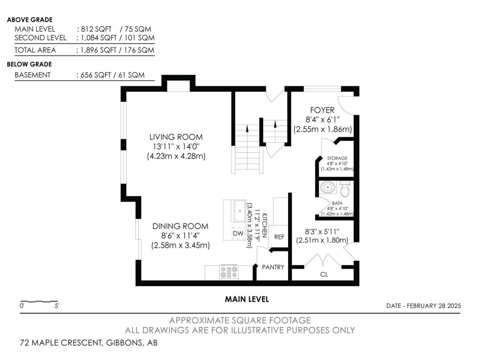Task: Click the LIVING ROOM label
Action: [x=176, y=137]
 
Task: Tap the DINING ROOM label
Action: [x=180, y=226]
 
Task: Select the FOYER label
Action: [x=322, y=110]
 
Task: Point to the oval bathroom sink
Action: [x=327, y=187]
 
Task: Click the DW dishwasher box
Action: [x=238, y=233]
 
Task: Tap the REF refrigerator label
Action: [x=279, y=237]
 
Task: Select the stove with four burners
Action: [x=229, y=272]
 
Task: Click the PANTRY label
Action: [x=273, y=267]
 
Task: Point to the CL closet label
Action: [x=324, y=274]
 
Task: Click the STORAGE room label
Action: [x=337, y=158]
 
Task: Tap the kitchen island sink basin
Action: [x=240, y=211]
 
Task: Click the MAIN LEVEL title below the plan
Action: [x=247, y=299]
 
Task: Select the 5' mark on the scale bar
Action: [x=57, y=306]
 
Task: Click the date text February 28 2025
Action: [x=434, y=306]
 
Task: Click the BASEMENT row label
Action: [x=33, y=75]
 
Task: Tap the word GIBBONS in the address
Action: [x=124, y=343]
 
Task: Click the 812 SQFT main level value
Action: [x=96, y=29]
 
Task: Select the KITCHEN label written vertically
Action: [x=264, y=226]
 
